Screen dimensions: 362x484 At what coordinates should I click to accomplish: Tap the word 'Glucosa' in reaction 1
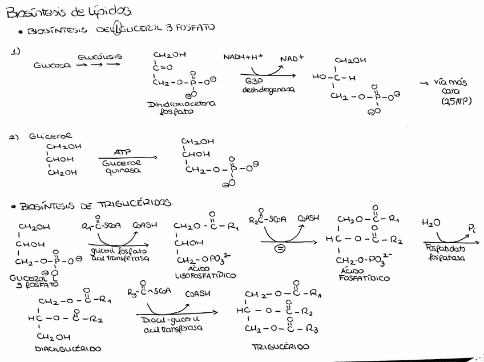(x=52, y=65)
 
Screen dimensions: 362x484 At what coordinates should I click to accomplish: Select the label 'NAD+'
(x=292, y=59)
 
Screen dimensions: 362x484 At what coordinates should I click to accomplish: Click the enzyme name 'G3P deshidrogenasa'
(x=263, y=86)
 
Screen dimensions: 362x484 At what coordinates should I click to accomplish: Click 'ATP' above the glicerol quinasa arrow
(x=122, y=152)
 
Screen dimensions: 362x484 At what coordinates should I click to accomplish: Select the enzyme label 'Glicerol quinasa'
(x=122, y=167)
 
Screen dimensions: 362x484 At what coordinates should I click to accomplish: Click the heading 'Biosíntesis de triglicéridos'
(x=96, y=204)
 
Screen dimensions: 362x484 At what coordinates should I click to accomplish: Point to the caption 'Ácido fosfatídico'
(x=364, y=275)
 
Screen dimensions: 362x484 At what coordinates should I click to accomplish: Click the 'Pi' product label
(x=472, y=228)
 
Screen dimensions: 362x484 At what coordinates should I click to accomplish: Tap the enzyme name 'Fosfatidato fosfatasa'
(x=445, y=253)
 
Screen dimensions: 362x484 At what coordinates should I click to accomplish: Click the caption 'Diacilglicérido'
(x=68, y=348)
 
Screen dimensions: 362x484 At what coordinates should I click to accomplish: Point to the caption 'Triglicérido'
(x=280, y=347)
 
